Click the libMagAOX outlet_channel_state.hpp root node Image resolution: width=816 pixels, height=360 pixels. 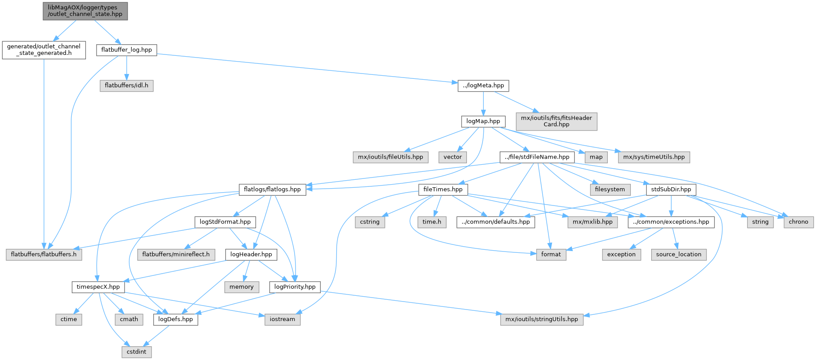85,11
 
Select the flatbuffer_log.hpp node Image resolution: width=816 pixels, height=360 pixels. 126,50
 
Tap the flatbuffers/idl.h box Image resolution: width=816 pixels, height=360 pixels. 127,85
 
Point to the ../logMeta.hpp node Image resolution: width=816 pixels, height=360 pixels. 483,85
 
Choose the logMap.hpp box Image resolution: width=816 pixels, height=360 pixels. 483,121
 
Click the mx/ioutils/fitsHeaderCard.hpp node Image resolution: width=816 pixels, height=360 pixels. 556,121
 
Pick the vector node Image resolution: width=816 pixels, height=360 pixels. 453,157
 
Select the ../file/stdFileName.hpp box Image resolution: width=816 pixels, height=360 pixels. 537,157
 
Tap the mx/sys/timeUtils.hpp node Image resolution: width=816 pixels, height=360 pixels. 654,157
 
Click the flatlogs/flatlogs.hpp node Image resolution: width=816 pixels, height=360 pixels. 272,190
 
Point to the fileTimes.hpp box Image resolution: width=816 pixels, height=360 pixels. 443,190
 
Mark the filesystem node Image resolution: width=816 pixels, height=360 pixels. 610,190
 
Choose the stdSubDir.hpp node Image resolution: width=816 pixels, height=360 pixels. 671,190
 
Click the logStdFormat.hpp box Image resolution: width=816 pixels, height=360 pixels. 225,222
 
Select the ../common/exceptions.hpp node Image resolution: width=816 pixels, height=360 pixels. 671,222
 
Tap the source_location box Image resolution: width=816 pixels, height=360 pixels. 679,255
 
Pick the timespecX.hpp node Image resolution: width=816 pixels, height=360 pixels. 98,287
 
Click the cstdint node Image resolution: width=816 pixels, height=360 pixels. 136,352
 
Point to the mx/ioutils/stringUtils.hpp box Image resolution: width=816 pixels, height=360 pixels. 542,319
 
